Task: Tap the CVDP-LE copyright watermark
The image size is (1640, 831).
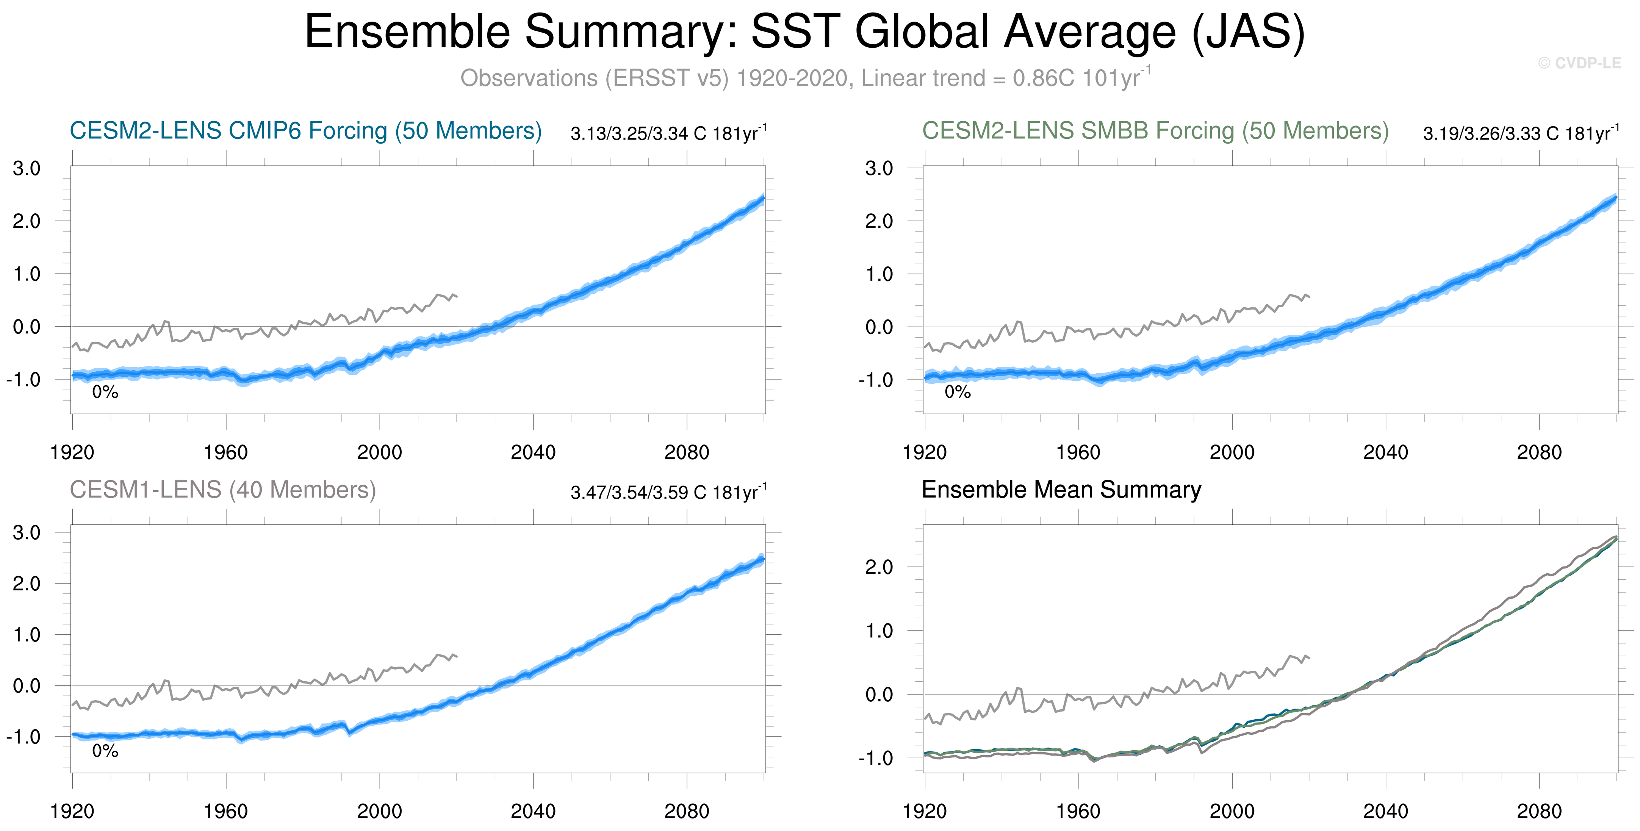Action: pyautogui.click(x=1579, y=63)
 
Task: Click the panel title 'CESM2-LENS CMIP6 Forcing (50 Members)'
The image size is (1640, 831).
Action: pyautogui.click(x=305, y=130)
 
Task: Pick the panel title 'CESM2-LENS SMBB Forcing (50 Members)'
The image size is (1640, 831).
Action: pyautogui.click(x=1155, y=130)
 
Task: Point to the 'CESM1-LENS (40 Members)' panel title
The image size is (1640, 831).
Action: pyautogui.click(x=223, y=490)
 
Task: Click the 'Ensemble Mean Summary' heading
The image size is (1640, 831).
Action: pyautogui.click(x=1061, y=490)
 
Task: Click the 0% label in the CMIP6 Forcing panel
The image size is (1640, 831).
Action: pyautogui.click(x=105, y=392)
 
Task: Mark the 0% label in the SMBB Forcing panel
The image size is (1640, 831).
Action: pyautogui.click(x=958, y=392)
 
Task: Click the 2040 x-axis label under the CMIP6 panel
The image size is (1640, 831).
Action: pyautogui.click(x=533, y=453)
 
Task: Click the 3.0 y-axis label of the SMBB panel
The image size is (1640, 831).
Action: pyautogui.click(x=879, y=169)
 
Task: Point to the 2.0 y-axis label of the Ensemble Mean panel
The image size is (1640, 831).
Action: pyautogui.click(x=879, y=567)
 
